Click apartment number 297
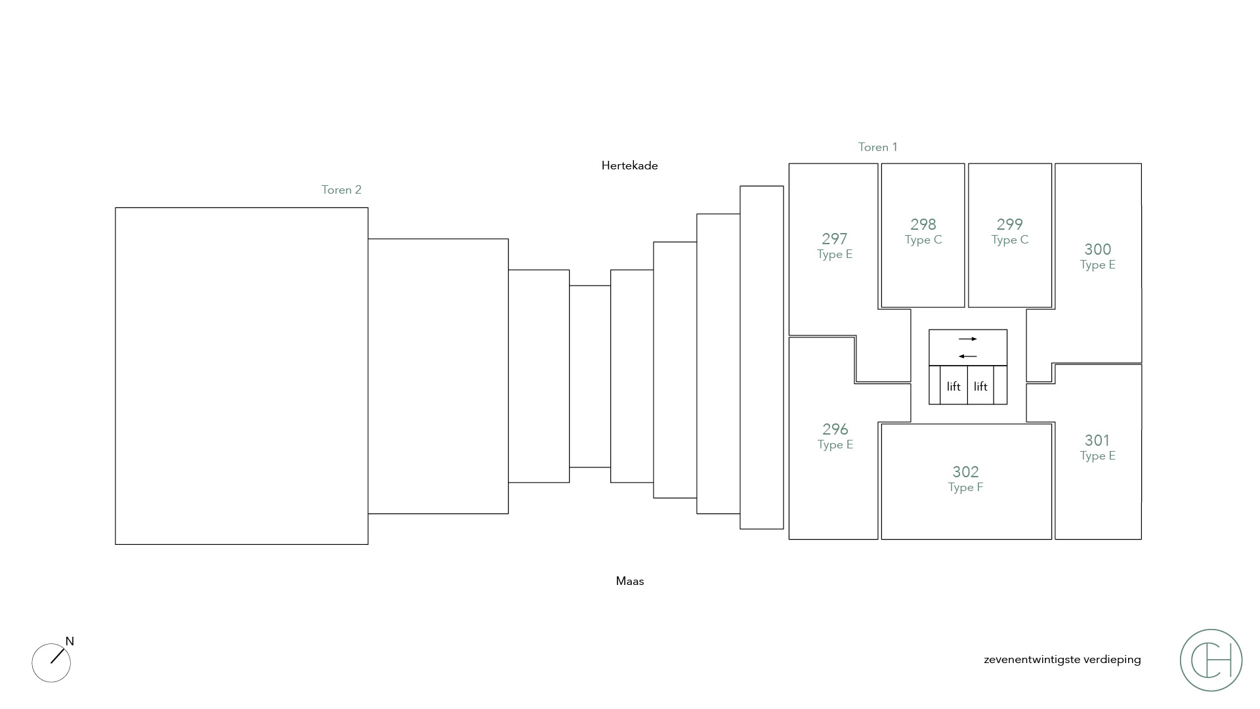[x=834, y=239]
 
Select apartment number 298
[x=923, y=225]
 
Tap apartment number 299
[x=1009, y=225]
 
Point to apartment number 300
[x=1097, y=249]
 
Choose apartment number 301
[x=1097, y=440]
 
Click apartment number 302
[x=965, y=472]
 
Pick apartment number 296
[x=835, y=429]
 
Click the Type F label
[x=965, y=488]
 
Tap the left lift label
[x=954, y=387]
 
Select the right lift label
[x=980, y=387]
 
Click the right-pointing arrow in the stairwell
[x=968, y=339]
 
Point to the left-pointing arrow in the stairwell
[x=968, y=356]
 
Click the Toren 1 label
[x=877, y=147]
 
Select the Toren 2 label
[x=341, y=190]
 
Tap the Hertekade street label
[x=629, y=165]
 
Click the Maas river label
[x=630, y=581]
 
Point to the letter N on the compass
[x=70, y=641]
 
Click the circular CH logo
[x=1211, y=660]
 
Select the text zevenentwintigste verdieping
[x=1062, y=660]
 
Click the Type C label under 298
[x=923, y=240]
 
